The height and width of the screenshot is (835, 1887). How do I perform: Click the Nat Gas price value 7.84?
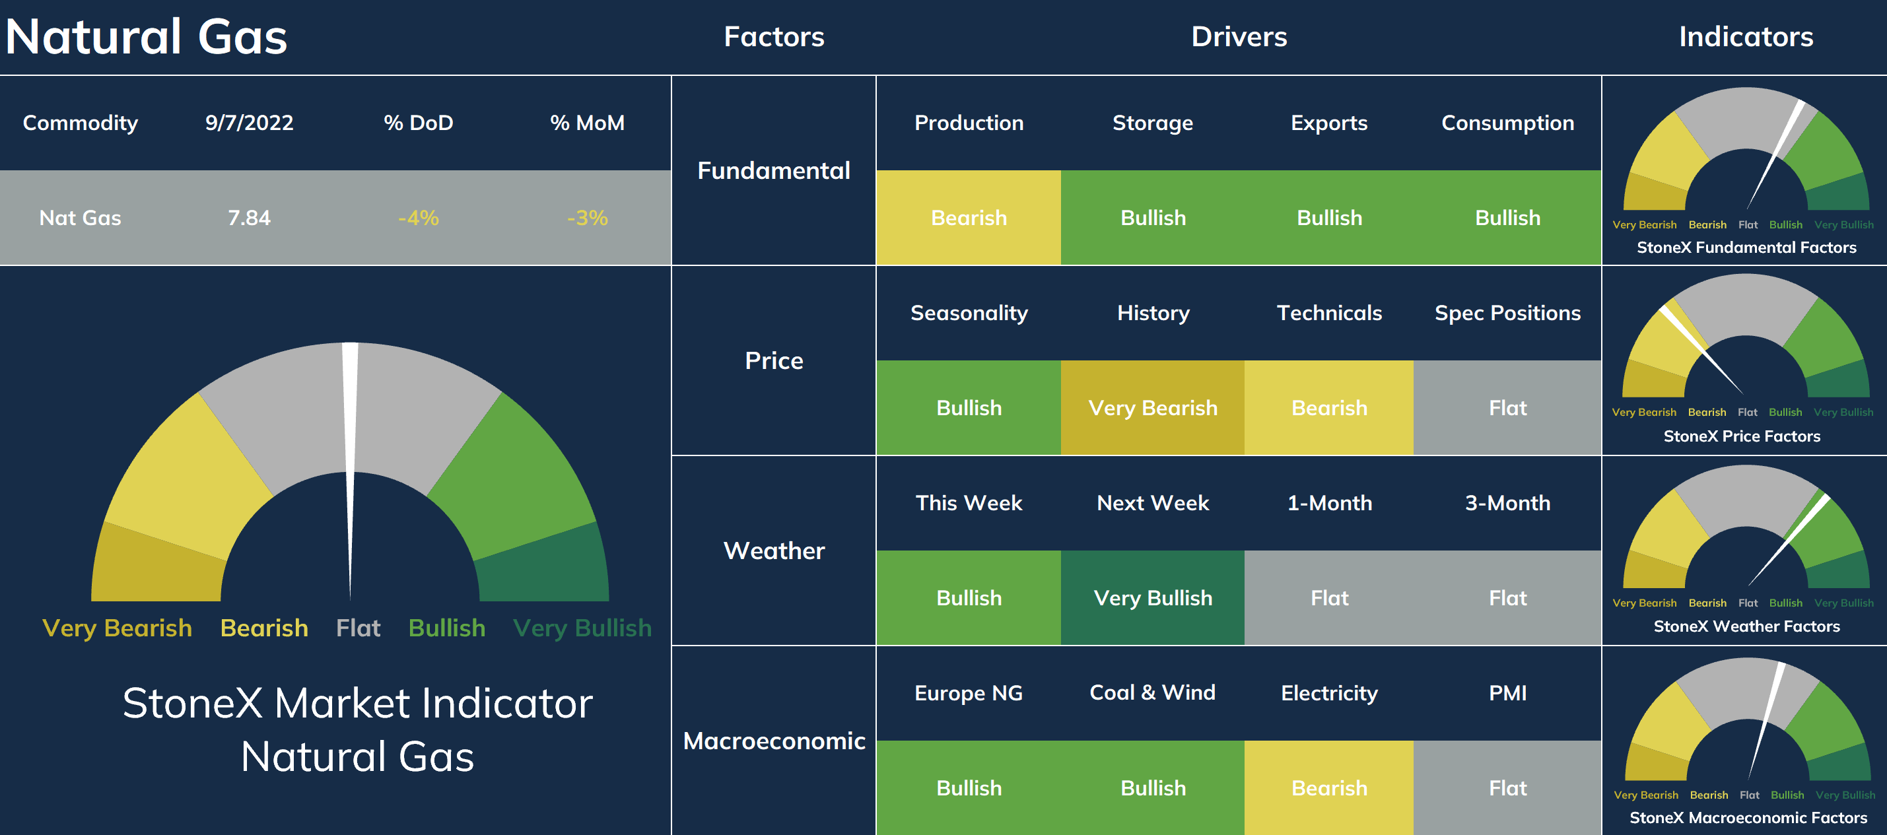[249, 218]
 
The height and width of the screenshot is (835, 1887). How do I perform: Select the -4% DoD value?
[419, 218]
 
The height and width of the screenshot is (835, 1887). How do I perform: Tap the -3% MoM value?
[588, 218]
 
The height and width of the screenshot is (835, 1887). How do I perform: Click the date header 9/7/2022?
[249, 122]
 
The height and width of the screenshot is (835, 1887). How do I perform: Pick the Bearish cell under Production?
[969, 218]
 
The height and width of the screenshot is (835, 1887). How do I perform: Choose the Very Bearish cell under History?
[1152, 407]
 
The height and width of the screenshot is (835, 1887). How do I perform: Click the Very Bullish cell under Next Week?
[1152, 597]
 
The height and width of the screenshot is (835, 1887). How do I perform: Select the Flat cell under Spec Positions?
[1507, 407]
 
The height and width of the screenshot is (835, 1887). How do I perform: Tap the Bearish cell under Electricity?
[1329, 787]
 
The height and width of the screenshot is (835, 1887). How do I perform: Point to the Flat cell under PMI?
[1507, 787]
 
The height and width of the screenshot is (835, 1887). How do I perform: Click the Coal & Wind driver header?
[1152, 692]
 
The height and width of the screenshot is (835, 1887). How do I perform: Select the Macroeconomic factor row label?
[774, 741]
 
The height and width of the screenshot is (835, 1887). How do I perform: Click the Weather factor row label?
[774, 550]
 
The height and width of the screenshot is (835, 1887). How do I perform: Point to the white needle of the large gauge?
[350, 469]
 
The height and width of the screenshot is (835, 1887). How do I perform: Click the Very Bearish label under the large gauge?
[118, 628]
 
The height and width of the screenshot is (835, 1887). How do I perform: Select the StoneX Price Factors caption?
[1742, 436]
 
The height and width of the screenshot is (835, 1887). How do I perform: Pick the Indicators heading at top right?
[1746, 36]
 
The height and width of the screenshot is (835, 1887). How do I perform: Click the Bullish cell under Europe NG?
[969, 787]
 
